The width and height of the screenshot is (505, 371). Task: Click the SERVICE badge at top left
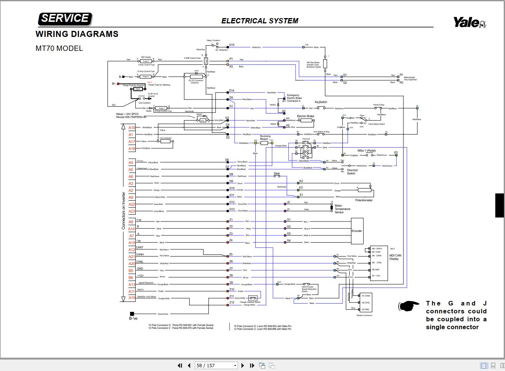click(x=65, y=18)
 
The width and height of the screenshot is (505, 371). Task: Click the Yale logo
click(x=469, y=22)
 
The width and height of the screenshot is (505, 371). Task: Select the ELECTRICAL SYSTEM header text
click(x=259, y=21)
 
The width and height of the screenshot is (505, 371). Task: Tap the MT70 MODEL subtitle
click(x=59, y=48)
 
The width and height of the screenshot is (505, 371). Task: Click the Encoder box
click(x=356, y=231)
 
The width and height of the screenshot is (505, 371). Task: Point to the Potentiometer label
click(x=364, y=200)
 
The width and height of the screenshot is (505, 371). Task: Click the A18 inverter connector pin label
click(x=131, y=128)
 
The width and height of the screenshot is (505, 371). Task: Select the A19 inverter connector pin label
click(x=131, y=298)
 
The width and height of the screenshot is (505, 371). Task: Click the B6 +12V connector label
click(x=131, y=278)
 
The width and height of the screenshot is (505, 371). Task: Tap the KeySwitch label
click(x=321, y=102)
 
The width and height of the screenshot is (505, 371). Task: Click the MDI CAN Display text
click(x=395, y=257)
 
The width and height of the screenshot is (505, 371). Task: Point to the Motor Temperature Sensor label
click(x=342, y=209)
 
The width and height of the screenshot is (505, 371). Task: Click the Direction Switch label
click(x=352, y=172)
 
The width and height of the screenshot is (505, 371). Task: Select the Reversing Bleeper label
click(x=265, y=137)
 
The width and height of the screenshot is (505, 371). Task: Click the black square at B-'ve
click(x=132, y=314)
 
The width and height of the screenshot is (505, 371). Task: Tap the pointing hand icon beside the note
click(x=409, y=306)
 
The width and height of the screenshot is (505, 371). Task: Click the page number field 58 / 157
click(x=215, y=365)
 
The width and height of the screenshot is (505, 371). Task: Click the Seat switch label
click(x=277, y=174)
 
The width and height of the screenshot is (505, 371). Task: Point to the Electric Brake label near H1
click(x=305, y=116)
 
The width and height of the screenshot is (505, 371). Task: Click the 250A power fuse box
click(x=138, y=89)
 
